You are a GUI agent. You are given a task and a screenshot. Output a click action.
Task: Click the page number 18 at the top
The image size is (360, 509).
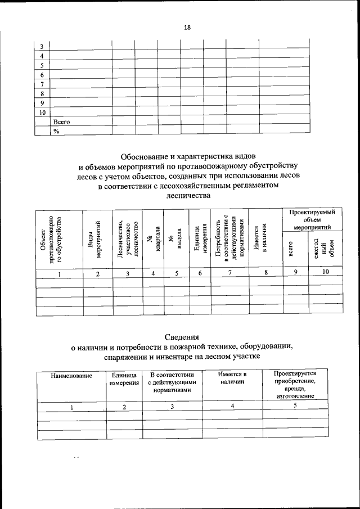tap(187, 28)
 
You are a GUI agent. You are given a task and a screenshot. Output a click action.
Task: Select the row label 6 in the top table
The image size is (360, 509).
tap(42, 75)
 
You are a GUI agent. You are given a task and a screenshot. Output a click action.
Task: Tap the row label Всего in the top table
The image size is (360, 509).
tap(61, 121)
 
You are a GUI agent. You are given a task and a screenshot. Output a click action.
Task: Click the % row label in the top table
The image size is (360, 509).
tap(56, 130)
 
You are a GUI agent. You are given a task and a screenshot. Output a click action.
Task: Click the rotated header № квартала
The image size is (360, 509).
tap(153, 240)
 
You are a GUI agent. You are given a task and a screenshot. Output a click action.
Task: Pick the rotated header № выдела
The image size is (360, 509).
tap(175, 240)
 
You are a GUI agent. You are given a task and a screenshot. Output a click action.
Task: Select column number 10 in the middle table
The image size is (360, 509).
tap(326, 273)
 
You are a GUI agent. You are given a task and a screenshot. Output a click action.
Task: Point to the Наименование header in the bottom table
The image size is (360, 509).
tap(71, 375)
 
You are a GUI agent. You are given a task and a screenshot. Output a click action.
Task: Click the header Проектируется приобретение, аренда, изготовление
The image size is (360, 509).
tap(295, 385)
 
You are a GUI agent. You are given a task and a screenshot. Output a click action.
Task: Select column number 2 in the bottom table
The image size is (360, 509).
tap(124, 407)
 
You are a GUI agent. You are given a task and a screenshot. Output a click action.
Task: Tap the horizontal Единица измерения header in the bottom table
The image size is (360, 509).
tap(124, 379)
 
